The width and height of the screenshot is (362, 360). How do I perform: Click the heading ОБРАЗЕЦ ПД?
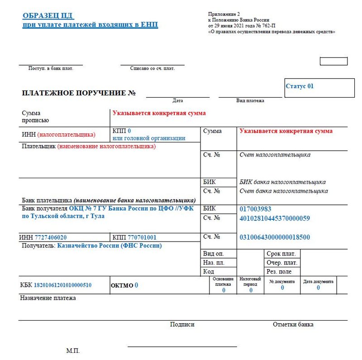tap(48, 16)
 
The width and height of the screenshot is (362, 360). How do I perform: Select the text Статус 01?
tap(300, 86)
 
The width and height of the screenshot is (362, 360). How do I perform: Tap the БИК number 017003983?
tap(255, 209)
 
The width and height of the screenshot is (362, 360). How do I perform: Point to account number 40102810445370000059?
tap(275, 218)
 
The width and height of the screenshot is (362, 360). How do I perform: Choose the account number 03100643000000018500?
tap(275, 237)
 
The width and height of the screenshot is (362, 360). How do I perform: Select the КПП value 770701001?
tap(142, 237)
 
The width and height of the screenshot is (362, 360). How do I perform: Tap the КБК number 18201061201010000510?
tap(62, 285)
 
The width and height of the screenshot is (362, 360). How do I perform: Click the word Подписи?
tap(182, 324)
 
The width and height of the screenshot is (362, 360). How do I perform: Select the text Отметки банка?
tap(293, 324)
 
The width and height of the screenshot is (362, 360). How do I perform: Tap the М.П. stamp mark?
tap(73, 351)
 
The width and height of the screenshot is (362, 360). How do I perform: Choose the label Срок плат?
tap(281, 254)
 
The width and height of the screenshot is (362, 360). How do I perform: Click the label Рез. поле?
tap(279, 272)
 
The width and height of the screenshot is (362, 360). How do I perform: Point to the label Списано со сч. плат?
tap(152, 68)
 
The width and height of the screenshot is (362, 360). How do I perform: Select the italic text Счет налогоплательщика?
tap(275, 155)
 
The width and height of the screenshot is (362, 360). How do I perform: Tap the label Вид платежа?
tap(250, 100)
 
